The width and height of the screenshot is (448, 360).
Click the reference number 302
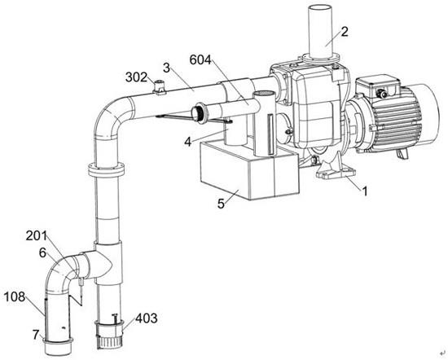coord(137,77)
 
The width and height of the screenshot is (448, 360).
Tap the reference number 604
coord(200,60)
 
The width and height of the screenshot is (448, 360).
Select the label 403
coord(147,318)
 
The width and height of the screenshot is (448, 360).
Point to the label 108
coord(15,297)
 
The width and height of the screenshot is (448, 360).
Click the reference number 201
coord(37,236)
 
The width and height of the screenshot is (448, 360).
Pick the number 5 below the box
coord(221,204)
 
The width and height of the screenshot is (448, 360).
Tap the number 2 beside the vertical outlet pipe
coord(345,32)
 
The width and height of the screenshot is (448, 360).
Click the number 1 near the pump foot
coord(365,191)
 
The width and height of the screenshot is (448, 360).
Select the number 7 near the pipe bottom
coord(36,335)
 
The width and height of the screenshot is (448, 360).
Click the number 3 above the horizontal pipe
coord(166,68)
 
